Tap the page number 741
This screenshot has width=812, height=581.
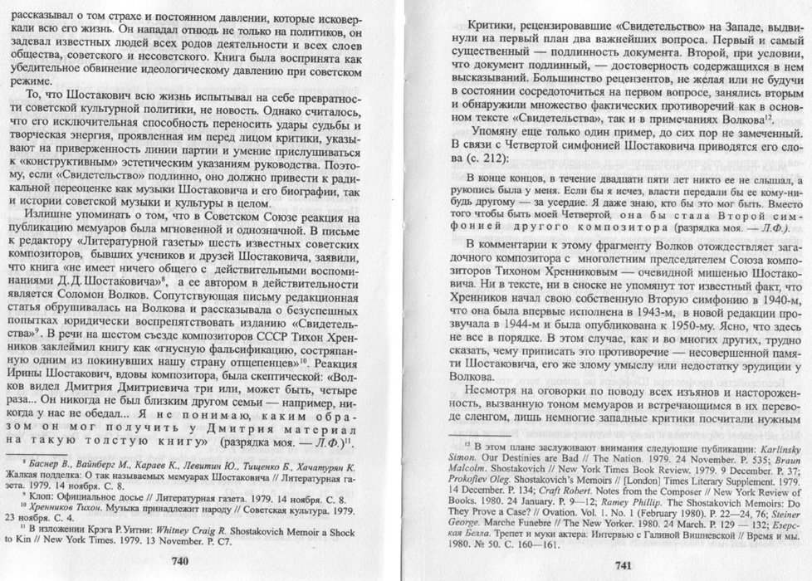pyautogui.click(x=625, y=565)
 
